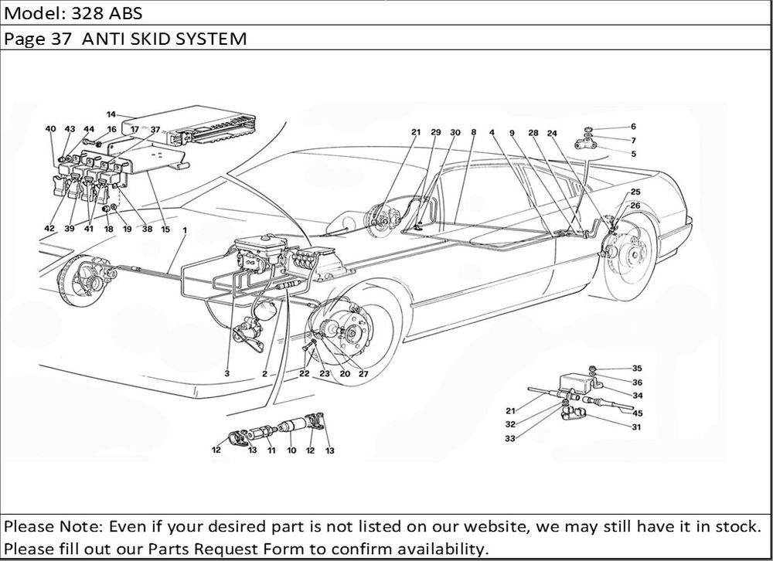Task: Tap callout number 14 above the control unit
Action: pos(111,114)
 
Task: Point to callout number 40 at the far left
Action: pos(50,129)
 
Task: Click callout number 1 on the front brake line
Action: pos(185,229)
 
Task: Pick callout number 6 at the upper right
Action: pos(633,126)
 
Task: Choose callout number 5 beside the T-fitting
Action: pos(633,154)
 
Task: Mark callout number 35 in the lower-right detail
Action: pos(637,369)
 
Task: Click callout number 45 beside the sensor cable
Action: pos(638,413)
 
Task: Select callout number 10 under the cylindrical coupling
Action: pos(291,450)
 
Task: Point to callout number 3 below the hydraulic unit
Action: pos(228,373)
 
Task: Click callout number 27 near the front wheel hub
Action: pos(363,373)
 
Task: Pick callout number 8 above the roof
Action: pos(472,132)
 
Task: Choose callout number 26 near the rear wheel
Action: pos(635,206)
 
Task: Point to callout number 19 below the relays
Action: pos(126,229)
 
